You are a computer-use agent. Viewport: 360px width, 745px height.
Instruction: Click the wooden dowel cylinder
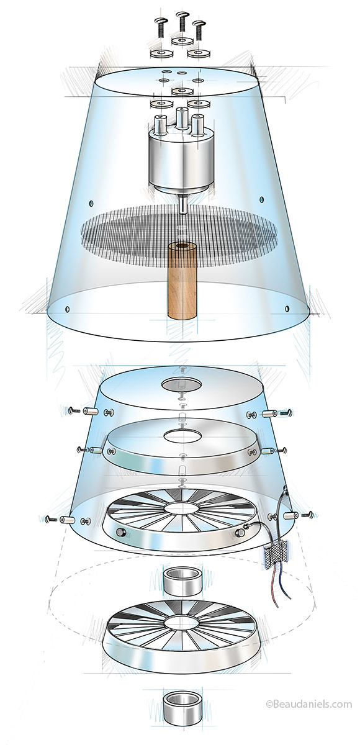182,281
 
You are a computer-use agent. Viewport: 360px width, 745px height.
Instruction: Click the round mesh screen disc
179,233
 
